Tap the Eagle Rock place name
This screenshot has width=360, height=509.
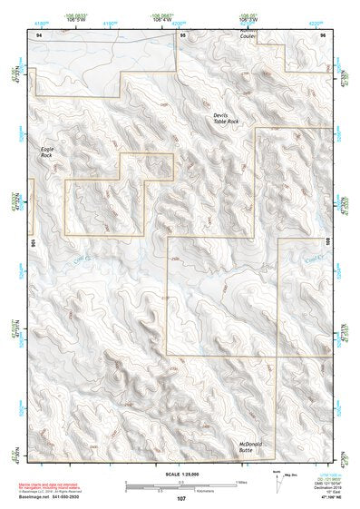click(47, 152)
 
